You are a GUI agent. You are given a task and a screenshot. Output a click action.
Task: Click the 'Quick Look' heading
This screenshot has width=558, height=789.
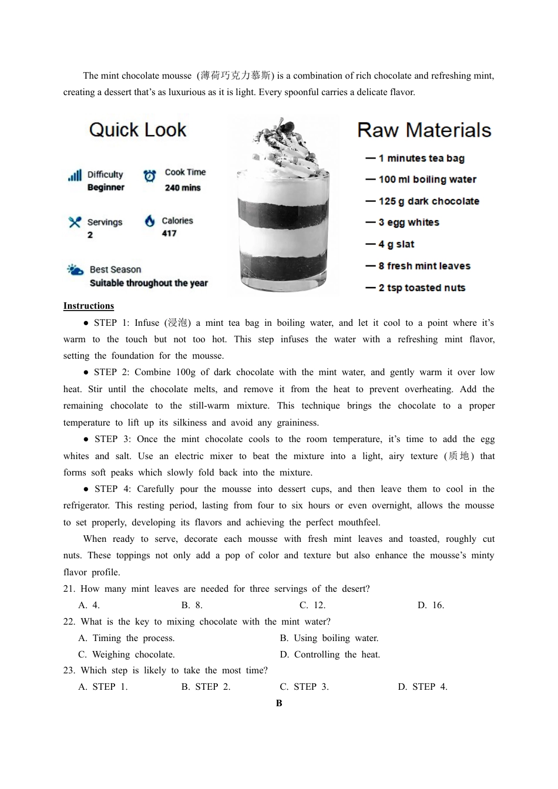[137, 130]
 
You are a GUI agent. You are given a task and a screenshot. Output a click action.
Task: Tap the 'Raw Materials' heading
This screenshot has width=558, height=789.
[423, 130]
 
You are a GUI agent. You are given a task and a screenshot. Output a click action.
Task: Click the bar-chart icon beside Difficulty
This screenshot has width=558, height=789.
[75, 175]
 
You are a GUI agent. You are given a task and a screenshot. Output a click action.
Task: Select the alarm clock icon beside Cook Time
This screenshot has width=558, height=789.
[150, 176]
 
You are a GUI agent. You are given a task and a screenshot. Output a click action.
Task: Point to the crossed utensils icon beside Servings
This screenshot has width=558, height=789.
[75, 222]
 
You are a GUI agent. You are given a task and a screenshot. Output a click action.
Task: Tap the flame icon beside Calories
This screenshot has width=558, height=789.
[150, 221]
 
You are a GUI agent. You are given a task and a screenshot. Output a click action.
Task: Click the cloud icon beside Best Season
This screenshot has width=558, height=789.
[75, 270]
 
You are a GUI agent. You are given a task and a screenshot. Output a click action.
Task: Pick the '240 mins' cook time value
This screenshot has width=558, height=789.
[182, 188]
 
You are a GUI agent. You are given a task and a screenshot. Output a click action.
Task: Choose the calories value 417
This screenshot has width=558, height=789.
[169, 233]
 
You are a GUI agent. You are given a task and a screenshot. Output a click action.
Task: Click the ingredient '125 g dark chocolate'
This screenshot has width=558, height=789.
[428, 201]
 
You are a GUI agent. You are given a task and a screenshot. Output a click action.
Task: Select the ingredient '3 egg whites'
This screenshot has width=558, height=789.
[408, 222]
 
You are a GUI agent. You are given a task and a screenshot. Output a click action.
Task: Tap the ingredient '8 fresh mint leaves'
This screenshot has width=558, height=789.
[424, 266]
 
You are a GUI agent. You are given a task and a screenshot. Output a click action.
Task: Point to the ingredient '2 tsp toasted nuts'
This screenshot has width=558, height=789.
[421, 288]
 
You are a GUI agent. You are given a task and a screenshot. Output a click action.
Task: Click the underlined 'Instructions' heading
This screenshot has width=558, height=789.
[89, 306]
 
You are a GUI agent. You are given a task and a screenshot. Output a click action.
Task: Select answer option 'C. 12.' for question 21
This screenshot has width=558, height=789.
[312, 605]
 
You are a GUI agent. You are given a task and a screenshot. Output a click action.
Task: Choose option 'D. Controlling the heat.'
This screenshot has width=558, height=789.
[330, 655]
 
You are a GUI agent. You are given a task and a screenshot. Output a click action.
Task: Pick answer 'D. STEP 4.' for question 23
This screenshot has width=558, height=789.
[422, 687]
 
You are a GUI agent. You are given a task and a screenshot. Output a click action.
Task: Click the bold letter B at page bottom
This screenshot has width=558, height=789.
[279, 703]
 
